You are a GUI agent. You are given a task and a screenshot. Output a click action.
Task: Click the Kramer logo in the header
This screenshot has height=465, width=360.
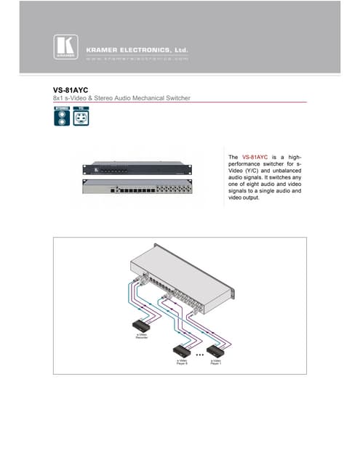pos(64,46)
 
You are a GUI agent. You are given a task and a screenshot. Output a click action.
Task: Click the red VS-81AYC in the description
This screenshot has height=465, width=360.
pos(255,157)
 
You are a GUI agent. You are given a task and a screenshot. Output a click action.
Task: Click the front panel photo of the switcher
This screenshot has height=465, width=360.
pos(137,168)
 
